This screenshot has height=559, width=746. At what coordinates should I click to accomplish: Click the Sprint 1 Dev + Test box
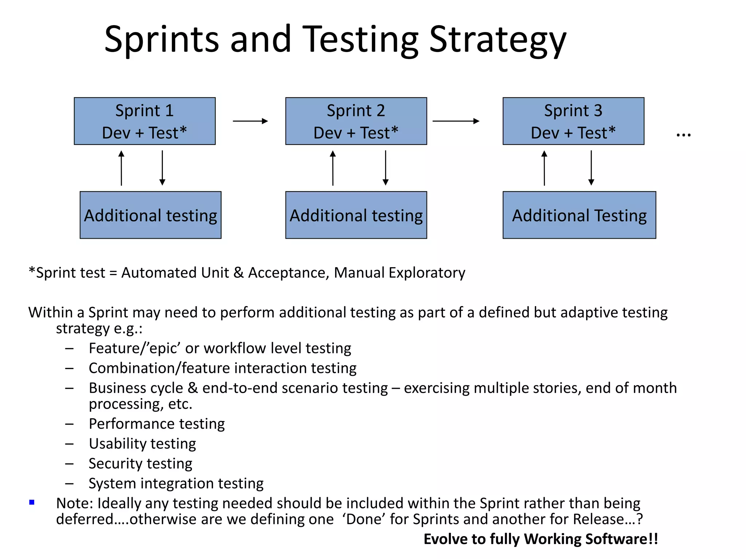click(x=145, y=121)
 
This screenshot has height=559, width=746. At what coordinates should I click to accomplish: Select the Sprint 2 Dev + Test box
click(x=356, y=121)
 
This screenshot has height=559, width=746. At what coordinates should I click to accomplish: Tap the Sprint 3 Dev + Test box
click(x=573, y=121)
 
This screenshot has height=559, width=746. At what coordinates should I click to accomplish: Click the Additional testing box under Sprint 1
click(x=150, y=215)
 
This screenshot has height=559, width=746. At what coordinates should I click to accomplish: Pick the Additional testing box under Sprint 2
click(x=356, y=215)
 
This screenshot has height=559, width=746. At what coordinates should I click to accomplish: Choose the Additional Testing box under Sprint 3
click(x=579, y=215)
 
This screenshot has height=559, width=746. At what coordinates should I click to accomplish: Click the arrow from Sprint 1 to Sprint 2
click(x=250, y=121)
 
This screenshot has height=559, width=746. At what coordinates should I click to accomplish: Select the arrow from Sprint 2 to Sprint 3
click(x=456, y=121)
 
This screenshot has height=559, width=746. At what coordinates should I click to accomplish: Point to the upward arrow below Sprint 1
click(x=121, y=168)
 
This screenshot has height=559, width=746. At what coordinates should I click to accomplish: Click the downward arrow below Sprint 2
click(x=385, y=168)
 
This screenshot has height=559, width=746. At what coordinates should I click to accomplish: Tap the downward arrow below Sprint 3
click(x=591, y=168)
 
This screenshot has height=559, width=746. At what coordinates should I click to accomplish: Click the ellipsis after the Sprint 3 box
click(x=683, y=135)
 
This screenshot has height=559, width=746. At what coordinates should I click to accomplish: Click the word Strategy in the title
click(x=498, y=39)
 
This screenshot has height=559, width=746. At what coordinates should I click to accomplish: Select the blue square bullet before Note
click(x=32, y=503)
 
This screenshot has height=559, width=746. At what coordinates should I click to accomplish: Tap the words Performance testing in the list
click(x=157, y=424)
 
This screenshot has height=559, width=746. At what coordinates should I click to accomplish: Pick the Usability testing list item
click(x=142, y=444)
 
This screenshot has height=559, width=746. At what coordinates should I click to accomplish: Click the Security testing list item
click(x=141, y=463)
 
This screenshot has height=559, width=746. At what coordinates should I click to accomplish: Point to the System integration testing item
click(x=176, y=483)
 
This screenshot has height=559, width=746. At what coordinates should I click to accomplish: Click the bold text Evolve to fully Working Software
click(x=541, y=539)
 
